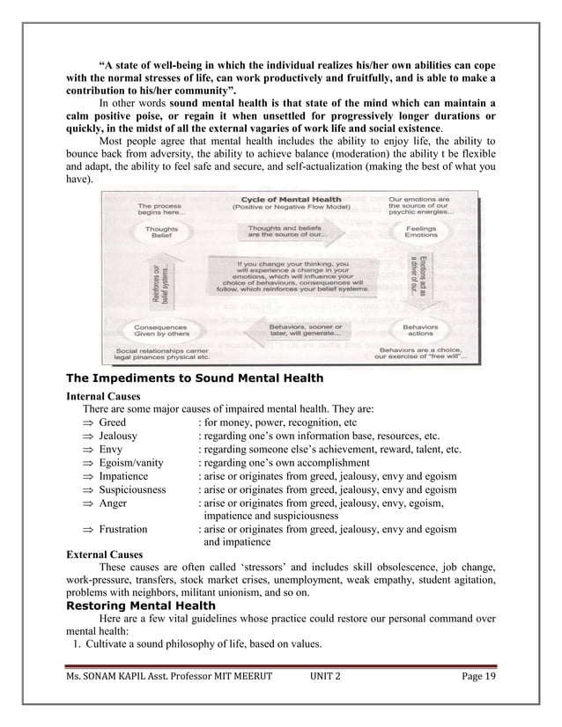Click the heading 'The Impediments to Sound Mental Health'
(195, 378)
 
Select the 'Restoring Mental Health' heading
(141, 606)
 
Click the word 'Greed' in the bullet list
(113, 422)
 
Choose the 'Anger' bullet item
(113, 503)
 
